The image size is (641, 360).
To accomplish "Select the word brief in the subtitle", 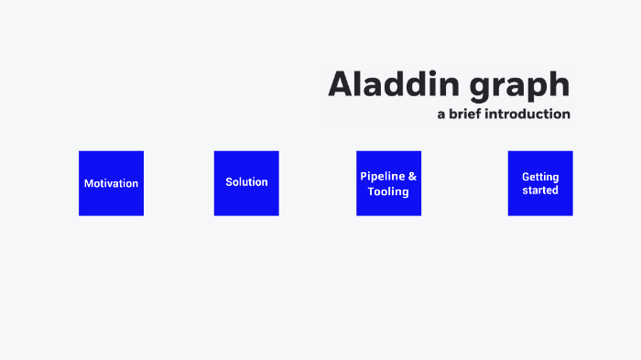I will (x=467, y=115).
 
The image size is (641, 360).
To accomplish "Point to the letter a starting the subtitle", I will (x=440, y=115).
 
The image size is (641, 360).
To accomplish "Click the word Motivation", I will (x=111, y=183).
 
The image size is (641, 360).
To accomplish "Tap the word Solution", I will (x=246, y=182).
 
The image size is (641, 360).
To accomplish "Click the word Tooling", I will (x=388, y=191).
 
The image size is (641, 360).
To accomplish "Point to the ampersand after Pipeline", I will (x=412, y=176).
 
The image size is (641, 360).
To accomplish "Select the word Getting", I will (x=540, y=177).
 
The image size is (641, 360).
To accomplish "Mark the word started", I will (x=540, y=191).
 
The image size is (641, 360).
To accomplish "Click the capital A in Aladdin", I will (x=341, y=84).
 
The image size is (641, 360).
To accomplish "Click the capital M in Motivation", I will (x=89, y=183).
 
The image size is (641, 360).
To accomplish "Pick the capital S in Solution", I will (x=229, y=182).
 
